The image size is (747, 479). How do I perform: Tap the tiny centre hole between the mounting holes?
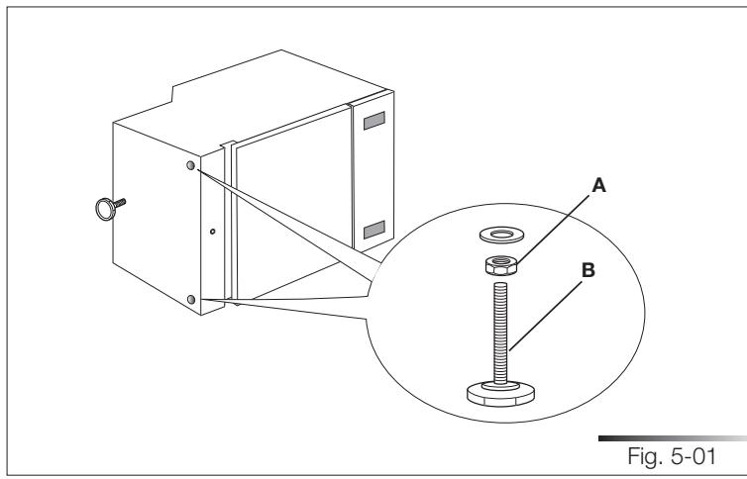pos(212,234)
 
